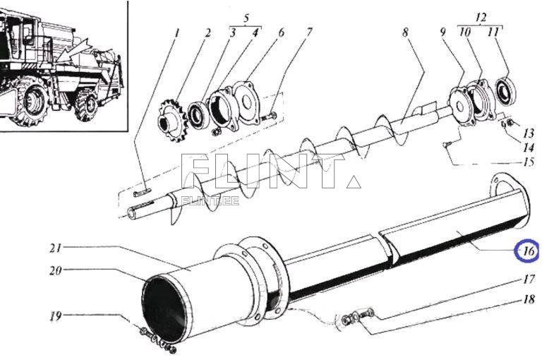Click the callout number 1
pyautogui.click(x=178, y=32)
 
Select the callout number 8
pyautogui.click(x=405, y=32)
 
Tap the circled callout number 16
pyautogui.click(x=527, y=251)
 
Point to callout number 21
pyautogui.click(x=56, y=248)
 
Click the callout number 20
pyautogui.click(x=56, y=270)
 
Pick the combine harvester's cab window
pyautogui.click(x=28, y=32)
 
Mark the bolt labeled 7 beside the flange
pyautogui.click(x=269, y=116)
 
